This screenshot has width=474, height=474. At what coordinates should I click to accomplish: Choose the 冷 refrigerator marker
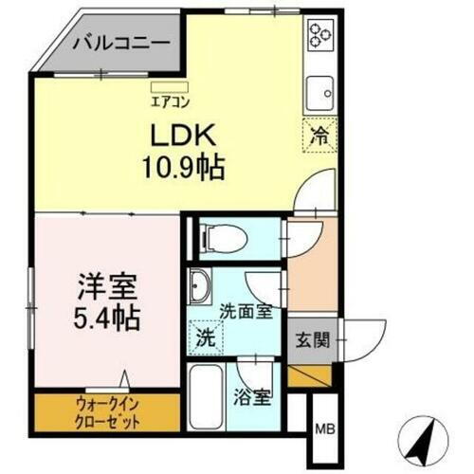pos(320,136)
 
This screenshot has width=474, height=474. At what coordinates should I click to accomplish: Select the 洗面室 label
pos(245,309)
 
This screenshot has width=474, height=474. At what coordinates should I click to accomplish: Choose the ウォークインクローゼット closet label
pos(106,412)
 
